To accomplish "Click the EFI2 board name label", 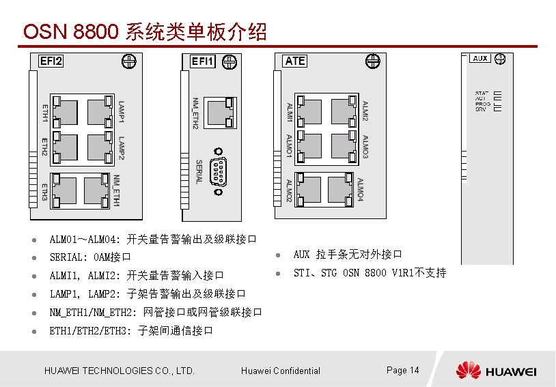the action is [x=51, y=61].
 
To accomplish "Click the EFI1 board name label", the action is [x=202, y=61].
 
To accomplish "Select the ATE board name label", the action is [x=295, y=61].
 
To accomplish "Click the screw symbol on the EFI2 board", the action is [x=128, y=61].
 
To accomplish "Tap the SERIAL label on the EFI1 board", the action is [x=199, y=171].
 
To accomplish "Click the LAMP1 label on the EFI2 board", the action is [x=122, y=112].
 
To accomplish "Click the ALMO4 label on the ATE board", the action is [x=360, y=190].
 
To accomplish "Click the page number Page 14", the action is [x=402, y=370].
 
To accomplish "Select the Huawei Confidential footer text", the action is [x=280, y=371].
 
